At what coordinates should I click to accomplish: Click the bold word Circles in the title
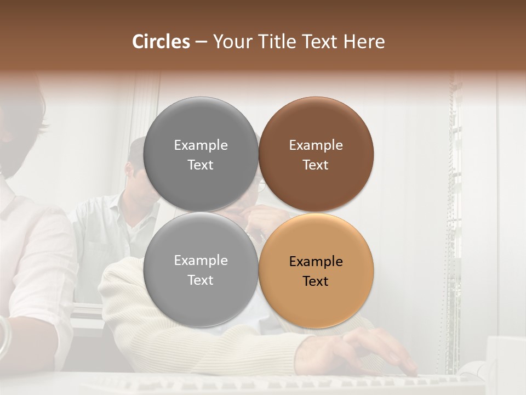point(161,42)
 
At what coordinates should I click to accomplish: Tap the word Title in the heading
point(277,42)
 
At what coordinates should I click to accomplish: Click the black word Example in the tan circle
point(316,262)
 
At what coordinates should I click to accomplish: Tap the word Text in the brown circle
point(316,165)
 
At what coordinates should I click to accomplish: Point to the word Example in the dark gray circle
point(201,145)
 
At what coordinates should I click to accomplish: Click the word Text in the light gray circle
point(201,280)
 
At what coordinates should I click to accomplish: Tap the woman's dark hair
point(22,110)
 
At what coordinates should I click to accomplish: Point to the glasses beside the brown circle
point(262,186)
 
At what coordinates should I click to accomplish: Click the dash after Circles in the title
point(201,42)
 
